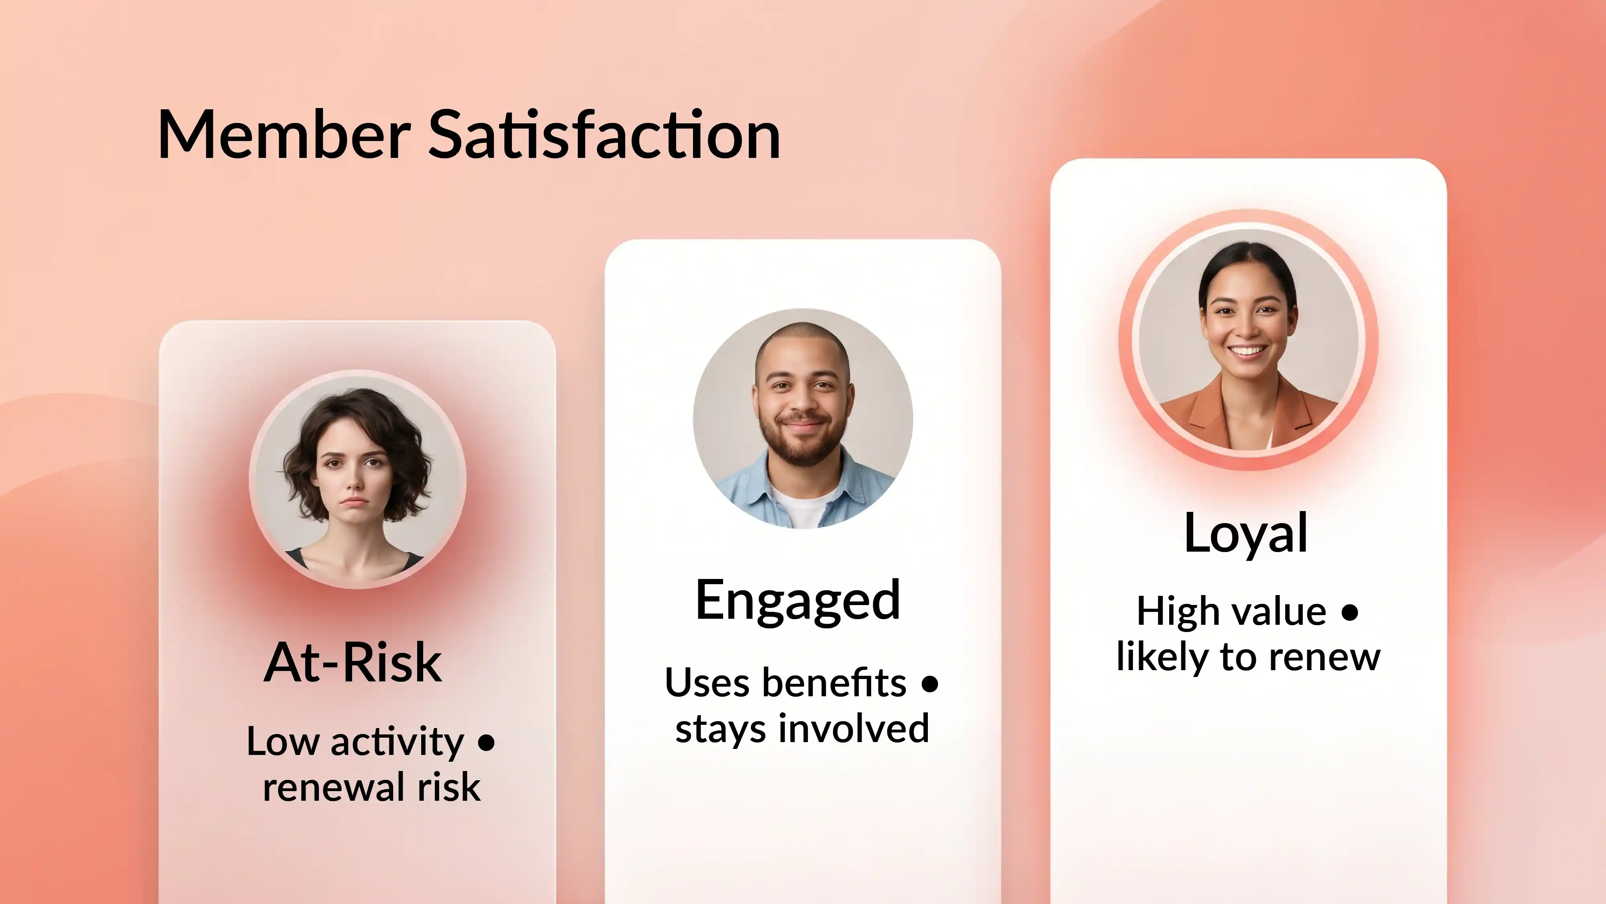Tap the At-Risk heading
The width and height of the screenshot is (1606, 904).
[353, 662]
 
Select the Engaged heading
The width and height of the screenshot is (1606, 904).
[798, 600]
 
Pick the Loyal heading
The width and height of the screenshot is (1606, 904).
[1245, 534]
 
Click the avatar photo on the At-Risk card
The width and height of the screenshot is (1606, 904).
[357, 479]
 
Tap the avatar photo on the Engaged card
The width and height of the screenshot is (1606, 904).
[803, 418]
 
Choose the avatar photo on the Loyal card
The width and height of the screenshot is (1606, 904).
[1248, 340]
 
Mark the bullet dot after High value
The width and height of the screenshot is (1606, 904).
[1350, 612]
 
